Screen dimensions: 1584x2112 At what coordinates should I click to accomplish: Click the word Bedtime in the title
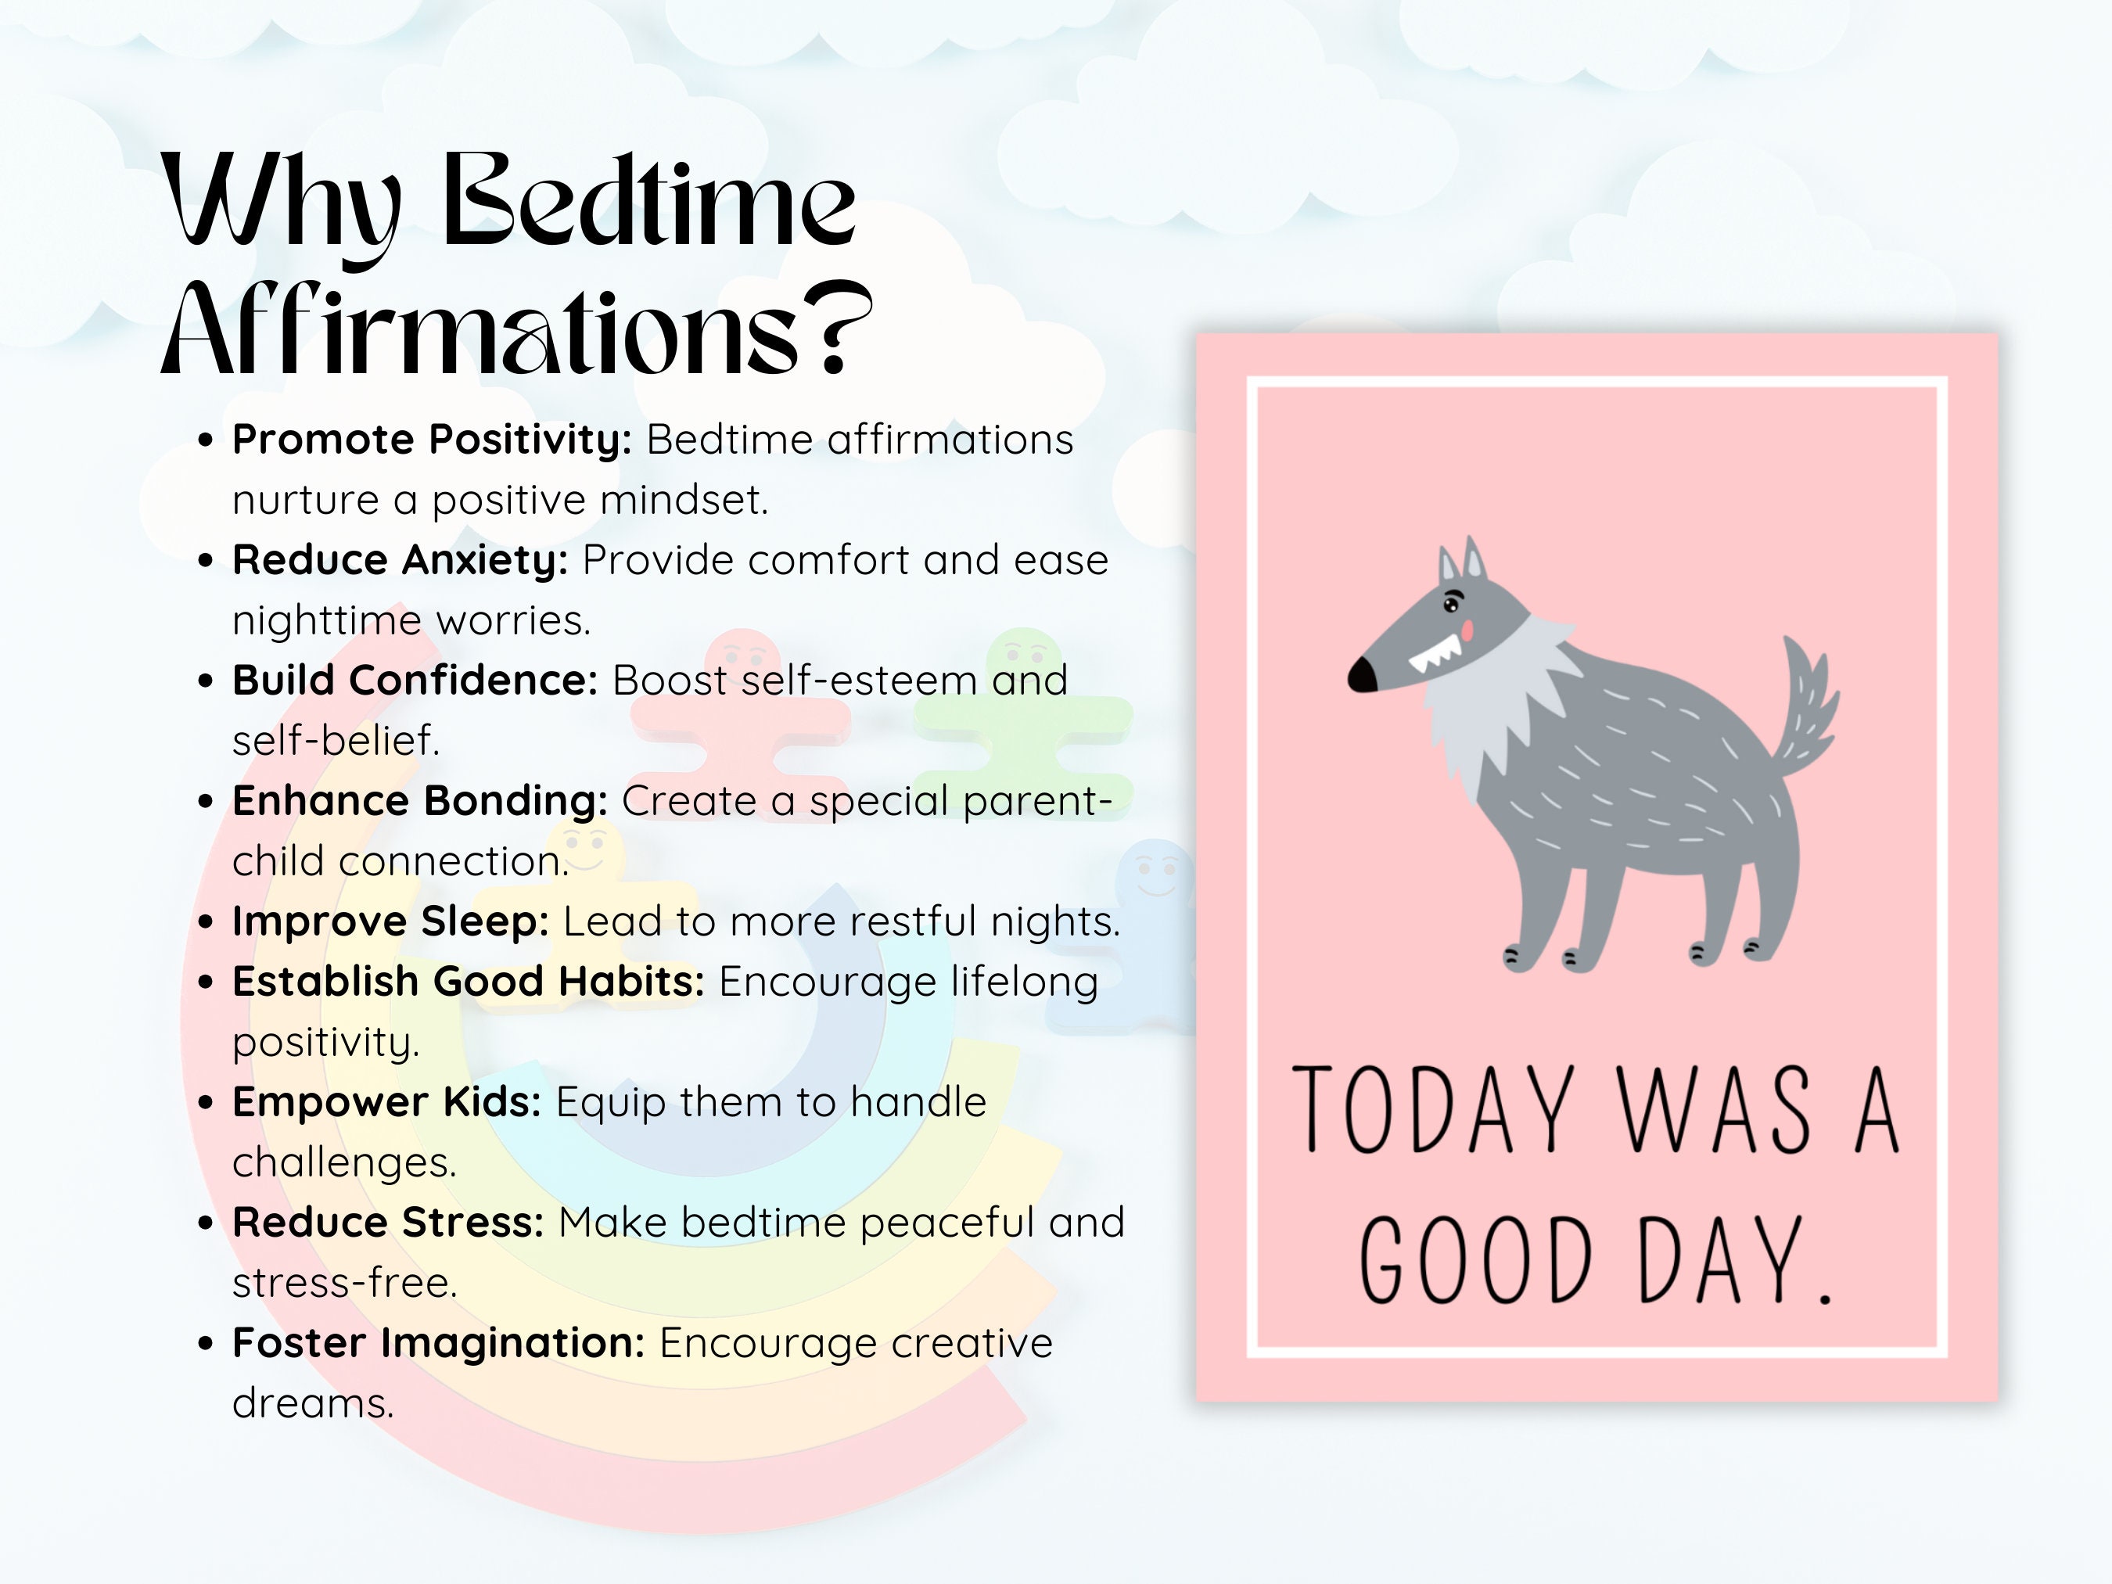click(x=649, y=200)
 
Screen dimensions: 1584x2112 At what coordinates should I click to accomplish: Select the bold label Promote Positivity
click(x=432, y=440)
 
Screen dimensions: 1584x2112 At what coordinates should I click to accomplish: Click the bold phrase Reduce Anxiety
click(x=400, y=561)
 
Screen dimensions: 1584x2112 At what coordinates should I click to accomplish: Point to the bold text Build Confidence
click(x=415, y=681)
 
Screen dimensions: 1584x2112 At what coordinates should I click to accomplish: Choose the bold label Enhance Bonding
click(x=419, y=801)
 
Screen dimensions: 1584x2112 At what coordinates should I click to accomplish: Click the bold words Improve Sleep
click(x=390, y=921)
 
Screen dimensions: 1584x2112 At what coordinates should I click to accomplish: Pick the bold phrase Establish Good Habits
click(x=468, y=982)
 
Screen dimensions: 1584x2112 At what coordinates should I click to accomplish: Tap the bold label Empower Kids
click(x=386, y=1102)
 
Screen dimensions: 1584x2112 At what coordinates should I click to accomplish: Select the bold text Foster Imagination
click(x=438, y=1342)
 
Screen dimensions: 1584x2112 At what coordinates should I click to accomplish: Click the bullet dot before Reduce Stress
click(x=205, y=1223)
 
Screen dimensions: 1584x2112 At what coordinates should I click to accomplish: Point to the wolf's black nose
click(x=1363, y=675)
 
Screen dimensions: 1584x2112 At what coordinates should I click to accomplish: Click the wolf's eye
click(x=1453, y=605)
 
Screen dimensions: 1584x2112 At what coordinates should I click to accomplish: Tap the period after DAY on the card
click(x=1825, y=1298)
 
